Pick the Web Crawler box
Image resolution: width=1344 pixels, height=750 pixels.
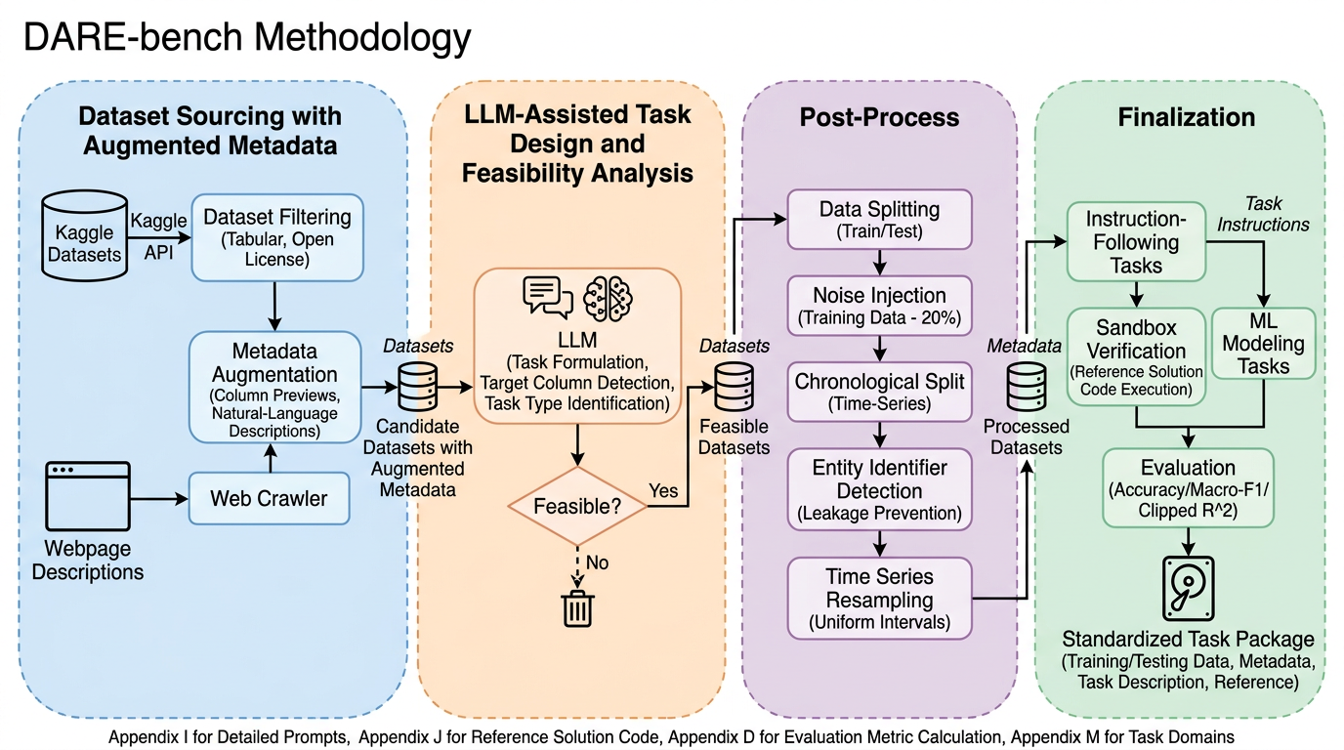tap(270, 498)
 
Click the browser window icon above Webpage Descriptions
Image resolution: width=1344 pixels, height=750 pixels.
tap(88, 496)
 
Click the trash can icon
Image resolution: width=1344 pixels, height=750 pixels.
tap(577, 607)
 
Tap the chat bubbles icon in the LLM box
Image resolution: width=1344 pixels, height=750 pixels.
tap(548, 297)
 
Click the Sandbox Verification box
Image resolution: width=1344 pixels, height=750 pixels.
tap(1137, 356)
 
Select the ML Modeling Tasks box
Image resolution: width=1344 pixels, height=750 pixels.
tap(1264, 343)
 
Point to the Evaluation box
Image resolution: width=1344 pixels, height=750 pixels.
tap(1188, 487)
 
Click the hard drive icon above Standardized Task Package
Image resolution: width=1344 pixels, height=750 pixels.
tap(1188, 588)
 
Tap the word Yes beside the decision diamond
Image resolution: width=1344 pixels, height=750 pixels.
tap(663, 491)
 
